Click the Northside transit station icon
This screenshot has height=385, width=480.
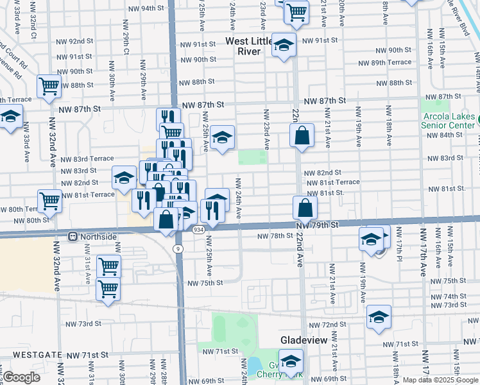tap(74, 236)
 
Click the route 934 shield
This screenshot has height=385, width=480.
tap(198, 229)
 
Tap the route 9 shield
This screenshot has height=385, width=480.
tap(178, 248)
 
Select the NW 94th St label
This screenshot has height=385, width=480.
tap(147, 8)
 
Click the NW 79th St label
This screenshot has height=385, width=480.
tap(317, 225)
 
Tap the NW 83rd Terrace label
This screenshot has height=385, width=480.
tap(87, 158)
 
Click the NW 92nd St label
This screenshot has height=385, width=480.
tap(78, 40)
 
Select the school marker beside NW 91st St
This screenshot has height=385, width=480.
tap(283, 46)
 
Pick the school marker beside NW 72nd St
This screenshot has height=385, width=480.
tap(379, 317)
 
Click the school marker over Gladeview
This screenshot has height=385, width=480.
tap(291, 362)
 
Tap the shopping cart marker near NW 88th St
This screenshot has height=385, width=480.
tap(49, 85)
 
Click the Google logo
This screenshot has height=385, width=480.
tap(22, 377)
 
